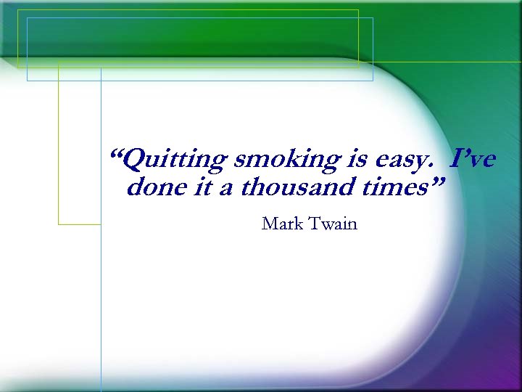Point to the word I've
coord(473,158)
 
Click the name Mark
coord(282,224)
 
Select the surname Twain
coord(333,224)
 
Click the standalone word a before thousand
coord(225,189)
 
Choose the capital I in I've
coord(456,158)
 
